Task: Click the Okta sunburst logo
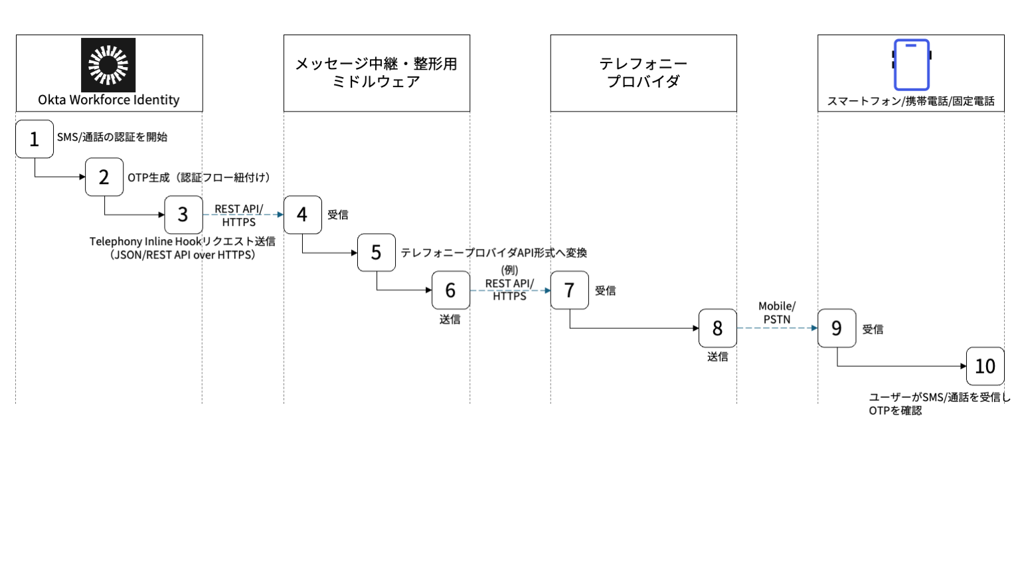[108, 64]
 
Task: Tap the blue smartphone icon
[911, 64]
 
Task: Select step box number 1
[35, 139]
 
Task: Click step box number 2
[104, 177]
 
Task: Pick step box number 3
[183, 215]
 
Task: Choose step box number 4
[303, 215]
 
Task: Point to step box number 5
[377, 252]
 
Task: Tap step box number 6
[451, 290]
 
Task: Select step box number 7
[570, 290]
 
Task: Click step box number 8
[717, 328]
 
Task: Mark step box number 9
[837, 328]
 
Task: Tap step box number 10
[985, 366]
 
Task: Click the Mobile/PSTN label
[777, 312]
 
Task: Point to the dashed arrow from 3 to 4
[243, 215]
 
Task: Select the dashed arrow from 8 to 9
[777, 328]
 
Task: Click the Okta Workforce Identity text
[109, 100]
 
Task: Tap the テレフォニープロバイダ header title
[643, 72]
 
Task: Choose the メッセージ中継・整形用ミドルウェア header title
[377, 72]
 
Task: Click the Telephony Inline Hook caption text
[183, 248]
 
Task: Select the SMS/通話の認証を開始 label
[112, 137]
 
